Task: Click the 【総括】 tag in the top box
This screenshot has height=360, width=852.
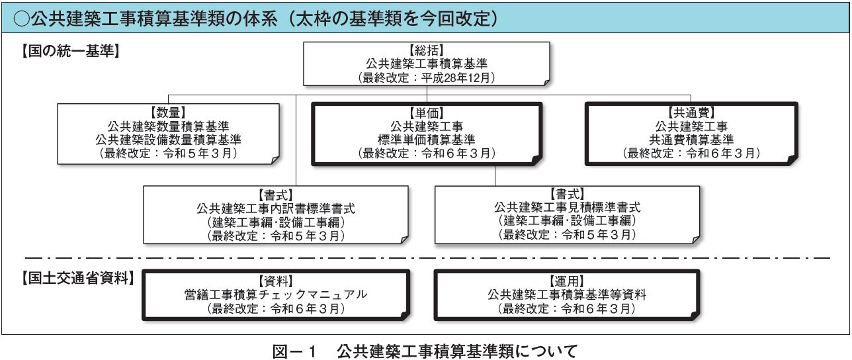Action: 427,50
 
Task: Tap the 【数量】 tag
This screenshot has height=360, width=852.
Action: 168,112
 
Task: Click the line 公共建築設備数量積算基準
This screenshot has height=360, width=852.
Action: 168,140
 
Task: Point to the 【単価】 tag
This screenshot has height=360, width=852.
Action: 427,113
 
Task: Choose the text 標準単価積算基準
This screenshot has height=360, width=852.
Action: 427,140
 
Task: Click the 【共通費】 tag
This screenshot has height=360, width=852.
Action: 691,112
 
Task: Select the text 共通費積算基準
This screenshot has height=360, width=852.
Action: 691,140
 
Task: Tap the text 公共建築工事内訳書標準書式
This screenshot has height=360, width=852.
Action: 276,208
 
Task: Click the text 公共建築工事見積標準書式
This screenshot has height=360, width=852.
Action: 567,207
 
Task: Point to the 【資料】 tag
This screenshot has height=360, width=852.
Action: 276,281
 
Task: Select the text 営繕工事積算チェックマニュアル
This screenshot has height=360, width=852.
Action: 276,294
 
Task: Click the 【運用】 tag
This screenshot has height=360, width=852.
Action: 567,281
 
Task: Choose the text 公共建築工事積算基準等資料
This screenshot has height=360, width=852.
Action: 567,294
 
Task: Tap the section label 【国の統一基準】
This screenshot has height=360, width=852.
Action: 71,50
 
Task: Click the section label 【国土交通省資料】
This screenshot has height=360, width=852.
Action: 78,278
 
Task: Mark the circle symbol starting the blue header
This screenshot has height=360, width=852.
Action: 22,19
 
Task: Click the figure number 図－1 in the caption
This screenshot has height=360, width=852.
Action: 294,351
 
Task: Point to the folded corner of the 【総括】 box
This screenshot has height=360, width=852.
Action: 546,83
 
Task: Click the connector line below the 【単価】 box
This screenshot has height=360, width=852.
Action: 495,176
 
